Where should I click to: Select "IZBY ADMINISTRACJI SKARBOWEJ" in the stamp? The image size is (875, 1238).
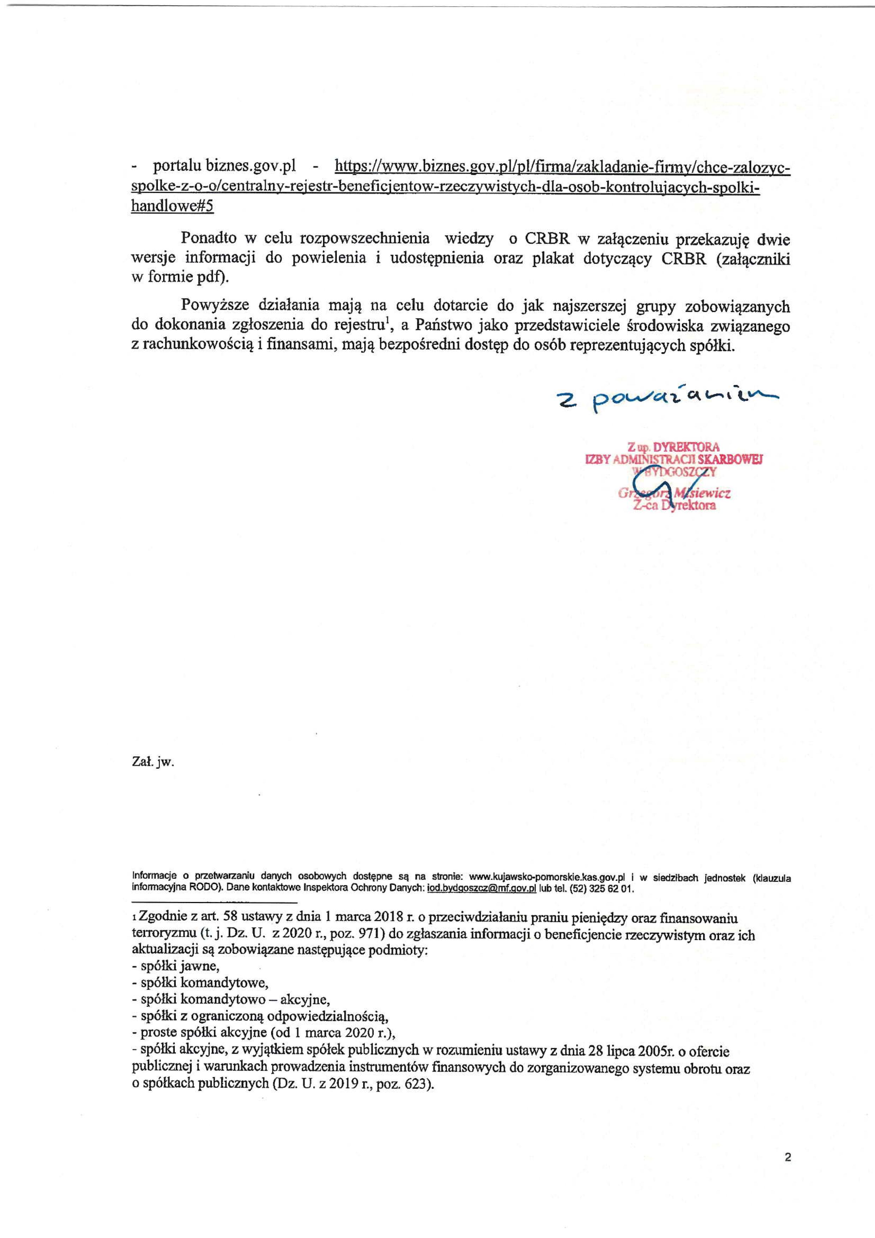674,459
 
